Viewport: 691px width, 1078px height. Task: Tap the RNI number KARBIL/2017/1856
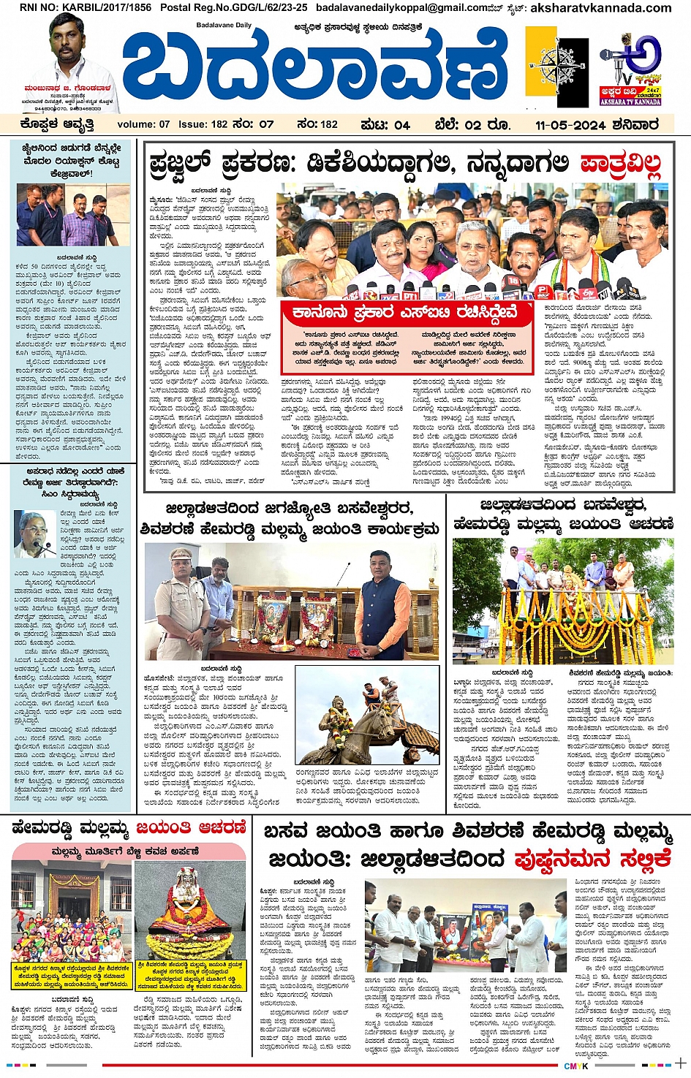coord(86,8)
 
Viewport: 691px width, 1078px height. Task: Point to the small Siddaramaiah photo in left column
coord(35,534)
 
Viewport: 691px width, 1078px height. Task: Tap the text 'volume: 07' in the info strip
coord(143,125)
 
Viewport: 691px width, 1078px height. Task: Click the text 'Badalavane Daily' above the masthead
coord(224,26)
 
